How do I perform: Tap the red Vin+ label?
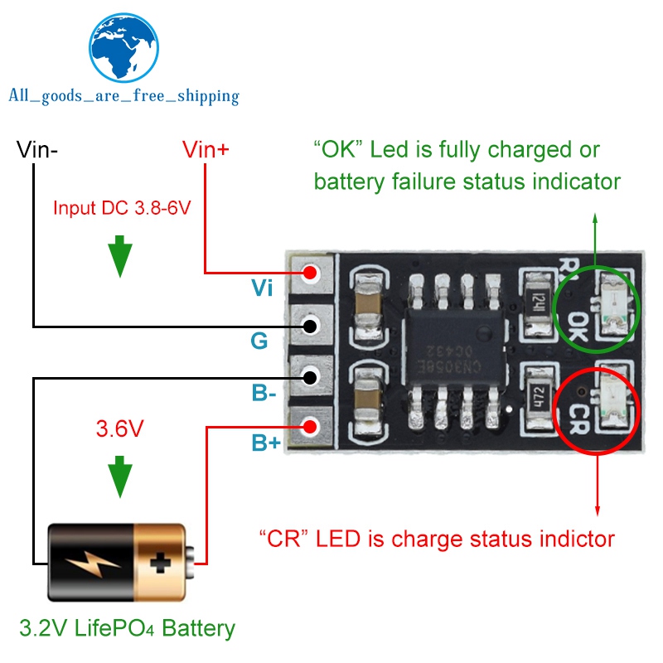[x=206, y=150]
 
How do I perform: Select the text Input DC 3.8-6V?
[x=122, y=207]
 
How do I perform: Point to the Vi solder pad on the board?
[x=311, y=272]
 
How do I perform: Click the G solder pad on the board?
[x=311, y=325]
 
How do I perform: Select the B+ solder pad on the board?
[x=311, y=428]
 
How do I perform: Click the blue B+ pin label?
[x=266, y=443]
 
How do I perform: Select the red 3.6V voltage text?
[x=121, y=429]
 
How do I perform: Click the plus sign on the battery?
[x=158, y=564]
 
